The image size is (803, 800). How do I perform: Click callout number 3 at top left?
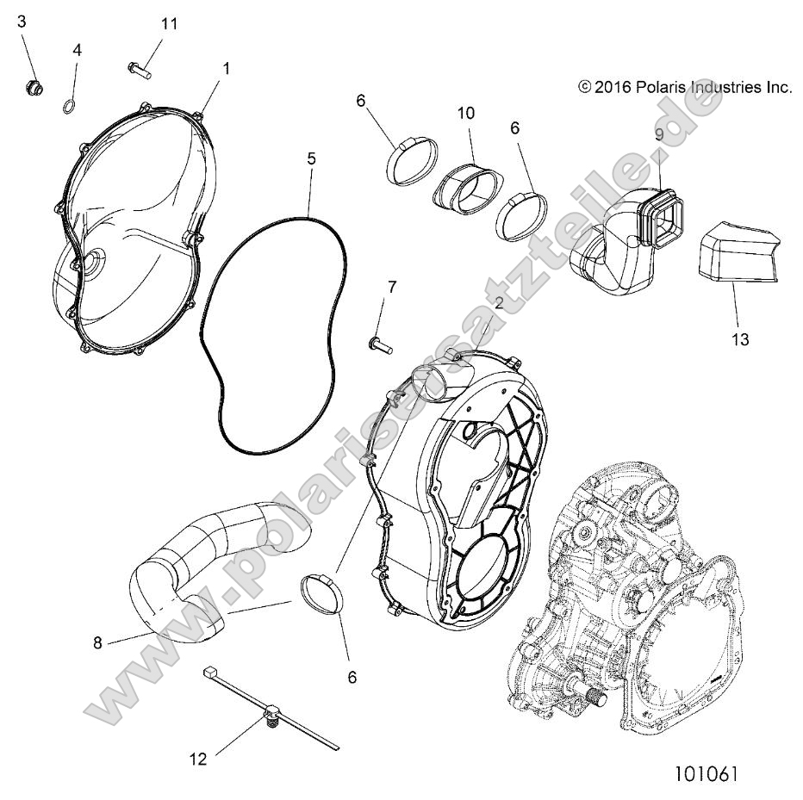click(22, 22)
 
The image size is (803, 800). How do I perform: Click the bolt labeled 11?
click(139, 69)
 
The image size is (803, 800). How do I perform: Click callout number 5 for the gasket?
click(311, 158)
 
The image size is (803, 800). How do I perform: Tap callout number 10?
click(466, 113)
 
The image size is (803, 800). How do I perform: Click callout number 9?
click(658, 134)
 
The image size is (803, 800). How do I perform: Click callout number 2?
click(498, 301)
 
